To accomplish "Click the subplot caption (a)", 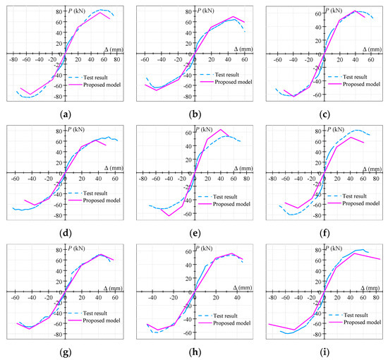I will click(x=66, y=111).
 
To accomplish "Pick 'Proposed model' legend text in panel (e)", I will click(x=229, y=203).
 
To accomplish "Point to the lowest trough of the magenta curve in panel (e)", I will click(x=169, y=215).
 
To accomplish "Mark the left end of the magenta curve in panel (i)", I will click(x=269, y=323).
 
